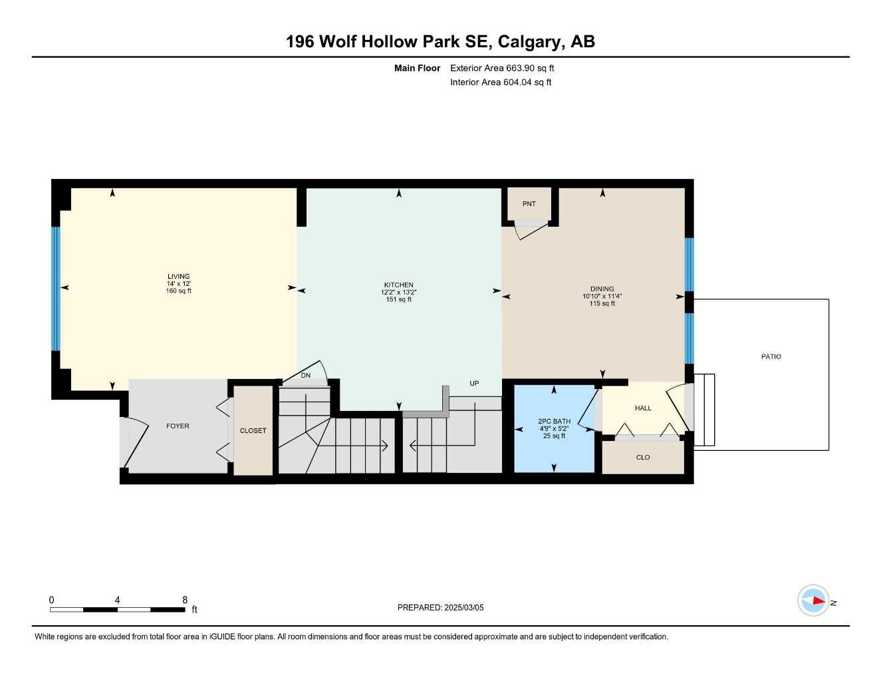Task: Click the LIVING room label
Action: coord(178,277)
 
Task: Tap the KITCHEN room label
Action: coord(399,285)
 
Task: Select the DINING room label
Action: coord(602,289)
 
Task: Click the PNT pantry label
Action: coord(529,204)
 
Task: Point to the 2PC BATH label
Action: coord(554,422)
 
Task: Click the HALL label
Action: coord(643,408)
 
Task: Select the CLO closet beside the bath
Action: coord(643,458)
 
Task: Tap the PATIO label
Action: coord(771,357)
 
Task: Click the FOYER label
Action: coord(178,426)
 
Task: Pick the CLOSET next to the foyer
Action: coord(253,431)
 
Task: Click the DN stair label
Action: coord(305,376)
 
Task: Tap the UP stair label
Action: coord(474,384)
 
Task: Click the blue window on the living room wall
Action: coord(56,289)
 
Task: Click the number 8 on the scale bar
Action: coord(185,600)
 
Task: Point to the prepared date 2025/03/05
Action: coord(440,608)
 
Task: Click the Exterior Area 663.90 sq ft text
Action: coord(502,68)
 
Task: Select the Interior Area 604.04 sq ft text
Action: coord(501,82)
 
